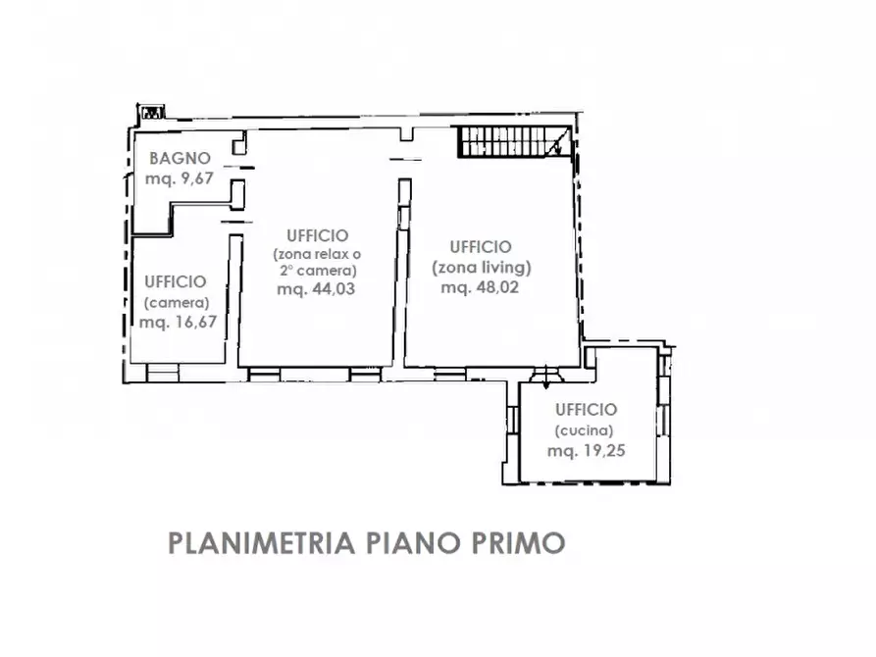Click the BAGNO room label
[x=180, y=158]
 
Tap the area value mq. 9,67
[x=180, y=178]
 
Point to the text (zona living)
[x=482, y=266]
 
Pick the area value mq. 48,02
[x=480, y=287]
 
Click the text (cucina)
[x=585, y=430]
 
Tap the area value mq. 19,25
[x=587, y=451]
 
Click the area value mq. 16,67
[x=178, y=323]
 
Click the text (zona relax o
[x=316, y=254]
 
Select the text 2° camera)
[x=316, y=271]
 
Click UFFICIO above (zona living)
[x=481, y=246]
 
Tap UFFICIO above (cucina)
[x=585, y=410]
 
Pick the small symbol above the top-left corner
[x=152, y=112]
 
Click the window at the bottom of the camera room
[x=163, y=373]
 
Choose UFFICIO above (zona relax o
[x=317, y=235]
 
